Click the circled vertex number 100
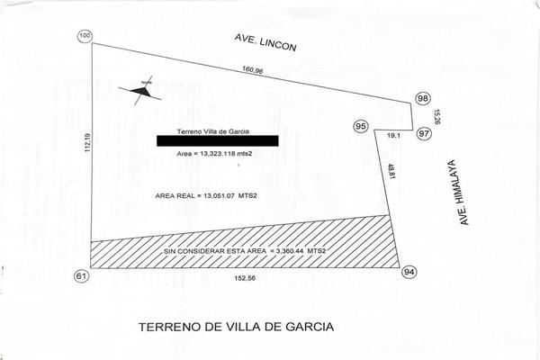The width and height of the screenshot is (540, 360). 85,36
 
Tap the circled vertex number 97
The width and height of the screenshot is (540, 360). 425,132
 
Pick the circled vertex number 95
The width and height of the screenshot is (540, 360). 361,127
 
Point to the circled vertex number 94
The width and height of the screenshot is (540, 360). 409,271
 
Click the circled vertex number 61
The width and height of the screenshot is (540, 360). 82,275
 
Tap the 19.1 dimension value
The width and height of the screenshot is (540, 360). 393,136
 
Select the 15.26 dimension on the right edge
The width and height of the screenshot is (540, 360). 436,117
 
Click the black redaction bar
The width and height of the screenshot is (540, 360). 217,140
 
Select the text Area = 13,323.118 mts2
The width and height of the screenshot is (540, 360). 213,155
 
